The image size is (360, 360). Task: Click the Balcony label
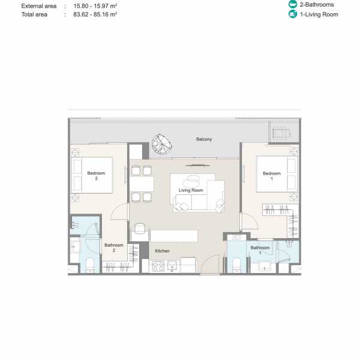click(x=204, y=139)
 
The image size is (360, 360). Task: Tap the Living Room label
click(x=191, y=190)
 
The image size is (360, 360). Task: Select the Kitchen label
click(x=162, y=251)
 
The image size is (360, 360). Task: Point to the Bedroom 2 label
click(x=96, y=176)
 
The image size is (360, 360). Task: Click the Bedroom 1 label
click(x=272, y=176)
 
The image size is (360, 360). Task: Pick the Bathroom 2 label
click(x=114, y=248)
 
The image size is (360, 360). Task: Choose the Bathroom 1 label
click(x=260, y=250)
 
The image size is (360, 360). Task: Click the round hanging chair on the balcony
click(x=162, y=145)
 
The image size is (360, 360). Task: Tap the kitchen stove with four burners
click(x=158, y=266)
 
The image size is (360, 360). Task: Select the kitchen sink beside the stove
click(x=172, y=266)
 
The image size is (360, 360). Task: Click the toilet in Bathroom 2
click(x=90, y=266)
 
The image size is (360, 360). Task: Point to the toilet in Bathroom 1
click(x=236, y=266)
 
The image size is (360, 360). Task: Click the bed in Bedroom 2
click(x=92, y=175)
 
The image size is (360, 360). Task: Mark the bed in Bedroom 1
click(x=277, y=174)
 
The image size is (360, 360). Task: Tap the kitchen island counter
click(x=174, y=236)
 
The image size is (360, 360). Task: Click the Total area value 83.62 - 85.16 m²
click(x=95, y=14)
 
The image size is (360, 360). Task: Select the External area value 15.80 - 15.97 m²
click(x=95, y=6)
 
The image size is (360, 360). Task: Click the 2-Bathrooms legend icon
click(x=293, y=4)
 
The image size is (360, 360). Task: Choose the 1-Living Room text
click(x=319, y=14)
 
